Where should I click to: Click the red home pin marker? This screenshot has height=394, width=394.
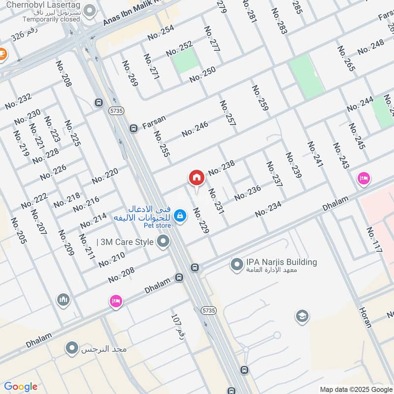pyautogui.click(x=196, y=178)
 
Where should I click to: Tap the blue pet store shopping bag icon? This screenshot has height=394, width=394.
pyautogui.click(x=180, y=215)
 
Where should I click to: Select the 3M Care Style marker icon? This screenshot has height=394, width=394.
pyautogui.click(x=163, y=241)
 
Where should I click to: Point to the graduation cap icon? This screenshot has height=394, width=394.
pyautogui.click(x=302, y=316)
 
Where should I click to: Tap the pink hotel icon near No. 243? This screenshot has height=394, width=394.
pyautogui.click(x=364, y=179)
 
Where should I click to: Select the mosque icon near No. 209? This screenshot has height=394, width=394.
pyautogui.click(x=63, y=299)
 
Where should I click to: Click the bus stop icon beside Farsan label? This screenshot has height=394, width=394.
pyautogui.click(x=133, y=129)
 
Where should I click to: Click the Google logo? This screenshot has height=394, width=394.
pyautogui.click(x=21, y=387)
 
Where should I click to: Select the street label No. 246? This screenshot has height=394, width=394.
pyautogui.click(x=195, y=129)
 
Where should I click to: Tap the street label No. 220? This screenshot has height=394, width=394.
pyautogui.click(x=105, y=176)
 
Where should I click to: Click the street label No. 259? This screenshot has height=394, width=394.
pyautogui.click(x=260, y=101)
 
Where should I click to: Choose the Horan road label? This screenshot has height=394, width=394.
pyautogui.click(x=364, y=318)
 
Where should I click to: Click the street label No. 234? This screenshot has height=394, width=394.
pyautogui.click(x=268, y=209)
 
